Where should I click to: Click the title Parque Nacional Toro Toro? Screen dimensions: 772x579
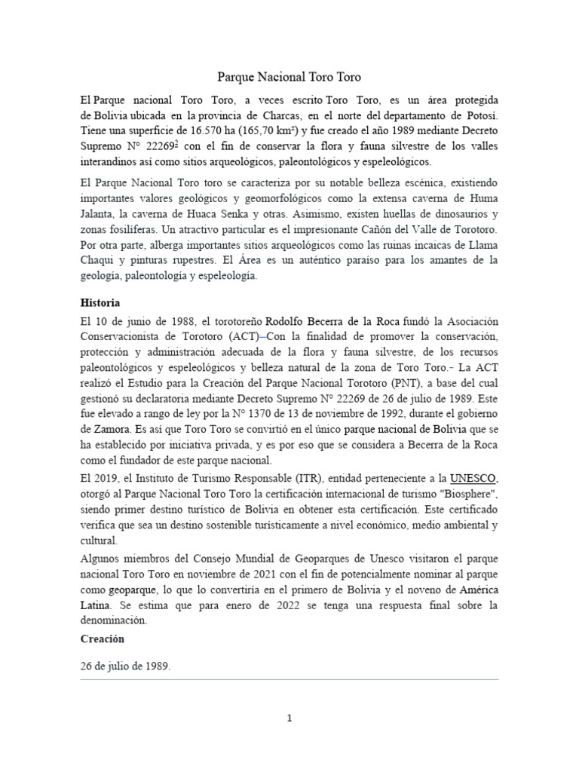click(x=289, y=76)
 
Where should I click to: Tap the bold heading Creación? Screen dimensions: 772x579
click(x=103, y=638)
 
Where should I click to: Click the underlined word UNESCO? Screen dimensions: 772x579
click(x=473, y=478)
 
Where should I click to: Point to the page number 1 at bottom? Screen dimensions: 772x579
click(x=289, y=718)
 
